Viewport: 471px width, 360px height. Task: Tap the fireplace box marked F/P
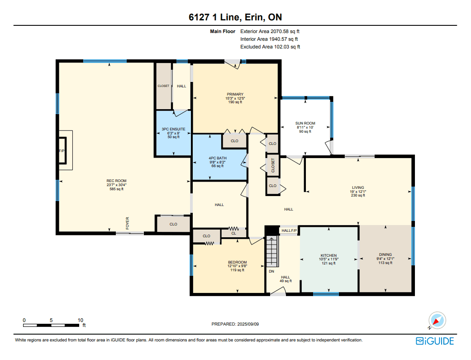(x=62, y=150)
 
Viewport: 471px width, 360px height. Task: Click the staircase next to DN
(x=272, y=252)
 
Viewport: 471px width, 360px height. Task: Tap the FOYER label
(x=127, y=223)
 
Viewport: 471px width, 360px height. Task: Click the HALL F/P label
(x=289, y=230)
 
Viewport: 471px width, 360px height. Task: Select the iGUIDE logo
(x=435, y=341)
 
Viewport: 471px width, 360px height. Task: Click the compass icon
(x=437, y=320)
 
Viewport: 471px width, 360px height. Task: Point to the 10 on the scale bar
(x=80, y=320)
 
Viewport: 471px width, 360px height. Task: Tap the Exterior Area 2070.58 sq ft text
(x=270, y=31)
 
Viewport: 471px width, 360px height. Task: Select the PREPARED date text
(x=235, y=324)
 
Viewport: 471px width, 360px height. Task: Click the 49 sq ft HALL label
(x=285, y=279)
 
